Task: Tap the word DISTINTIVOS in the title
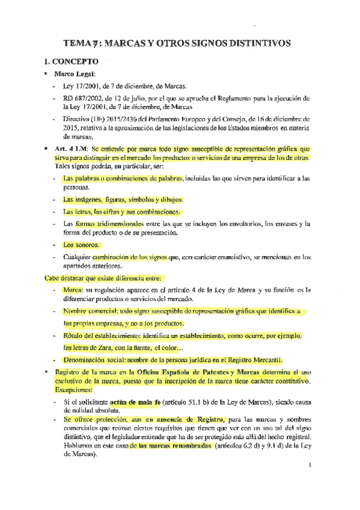tap(255, 43)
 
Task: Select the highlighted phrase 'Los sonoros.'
tap(81, 245)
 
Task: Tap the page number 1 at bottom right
tap(308, 464)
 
